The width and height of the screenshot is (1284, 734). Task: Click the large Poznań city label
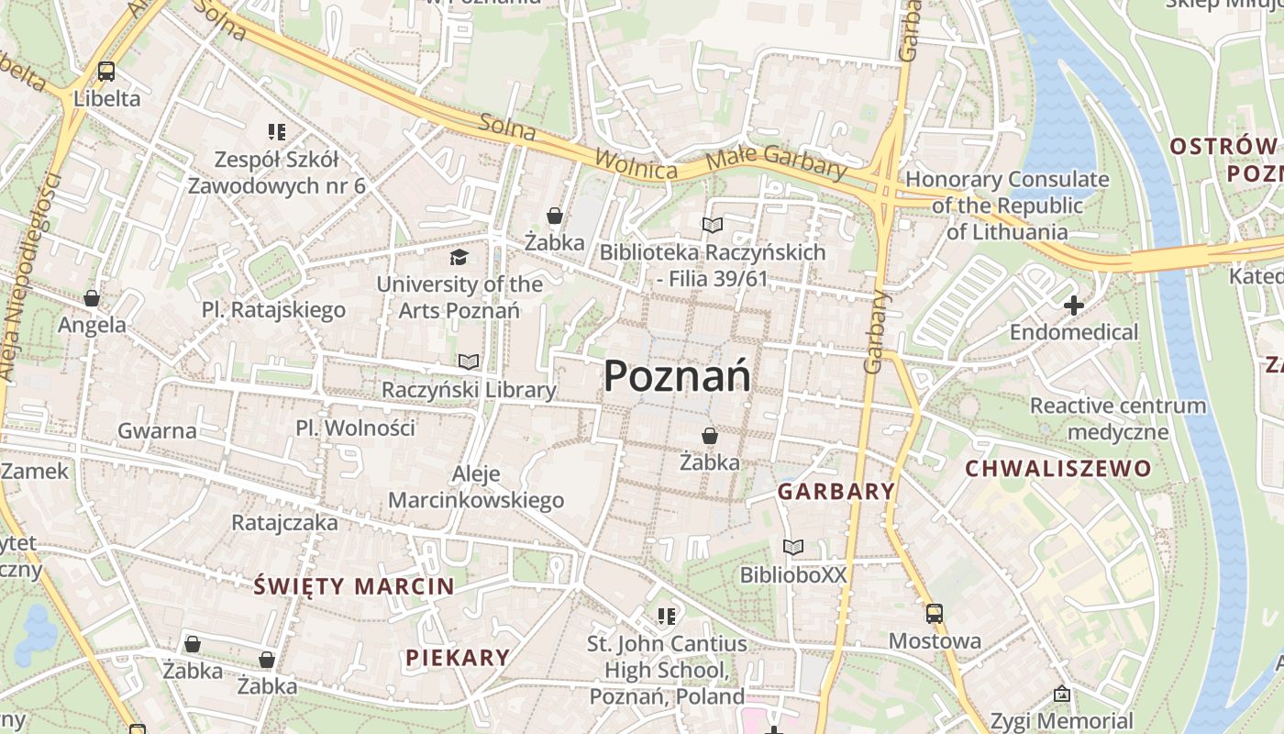pos(677,376)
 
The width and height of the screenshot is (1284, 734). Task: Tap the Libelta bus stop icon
pos(106,72)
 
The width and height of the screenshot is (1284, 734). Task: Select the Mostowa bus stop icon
pos(935,614)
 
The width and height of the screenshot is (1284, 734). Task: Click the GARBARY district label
pos(836,492)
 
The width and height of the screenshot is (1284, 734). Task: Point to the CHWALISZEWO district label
pos(1057,469)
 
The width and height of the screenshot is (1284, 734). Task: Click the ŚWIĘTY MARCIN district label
pos(353,586)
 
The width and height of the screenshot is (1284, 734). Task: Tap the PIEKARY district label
pos(457,657)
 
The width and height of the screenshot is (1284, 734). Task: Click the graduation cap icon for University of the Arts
pos(459,257)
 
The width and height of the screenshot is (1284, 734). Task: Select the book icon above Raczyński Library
pos(469,362)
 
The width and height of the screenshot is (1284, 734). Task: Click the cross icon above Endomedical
pos(1073,305)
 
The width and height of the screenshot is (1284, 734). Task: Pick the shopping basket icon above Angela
pos(92,298)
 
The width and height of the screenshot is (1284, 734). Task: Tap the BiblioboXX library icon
pos(793,548)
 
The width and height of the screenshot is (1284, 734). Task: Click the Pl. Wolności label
pos(355,428)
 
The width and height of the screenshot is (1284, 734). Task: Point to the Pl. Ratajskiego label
pos(273,310)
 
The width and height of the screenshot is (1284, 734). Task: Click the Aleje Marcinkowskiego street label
pos(476,487)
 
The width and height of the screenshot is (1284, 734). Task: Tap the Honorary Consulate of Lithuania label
pos(1007,206)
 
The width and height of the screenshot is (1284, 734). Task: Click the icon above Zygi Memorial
pos(1061,694)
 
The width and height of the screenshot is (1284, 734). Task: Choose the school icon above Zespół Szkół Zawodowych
pos(276,132)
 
